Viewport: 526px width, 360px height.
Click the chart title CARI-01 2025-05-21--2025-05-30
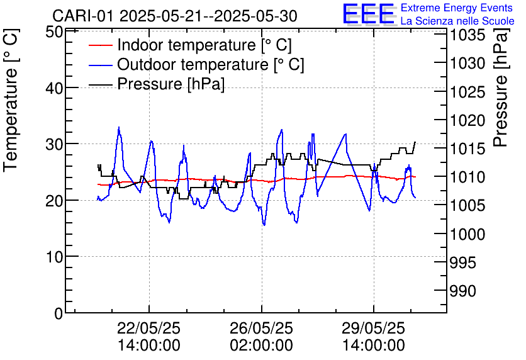click(175, 16)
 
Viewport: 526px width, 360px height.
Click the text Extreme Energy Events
click(456, 8)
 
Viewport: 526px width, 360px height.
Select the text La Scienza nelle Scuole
click(457, 21)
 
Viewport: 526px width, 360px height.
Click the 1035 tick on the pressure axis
click(467, 35)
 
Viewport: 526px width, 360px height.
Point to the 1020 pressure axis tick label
click(467, 120)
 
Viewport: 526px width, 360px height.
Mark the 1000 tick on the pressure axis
click(467, 234)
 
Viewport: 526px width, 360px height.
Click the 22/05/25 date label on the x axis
click(149, 329)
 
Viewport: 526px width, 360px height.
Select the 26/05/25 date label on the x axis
click(261, 329)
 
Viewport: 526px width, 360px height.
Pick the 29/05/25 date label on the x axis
click(373, 329)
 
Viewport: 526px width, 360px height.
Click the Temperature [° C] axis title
click(11, 120)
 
